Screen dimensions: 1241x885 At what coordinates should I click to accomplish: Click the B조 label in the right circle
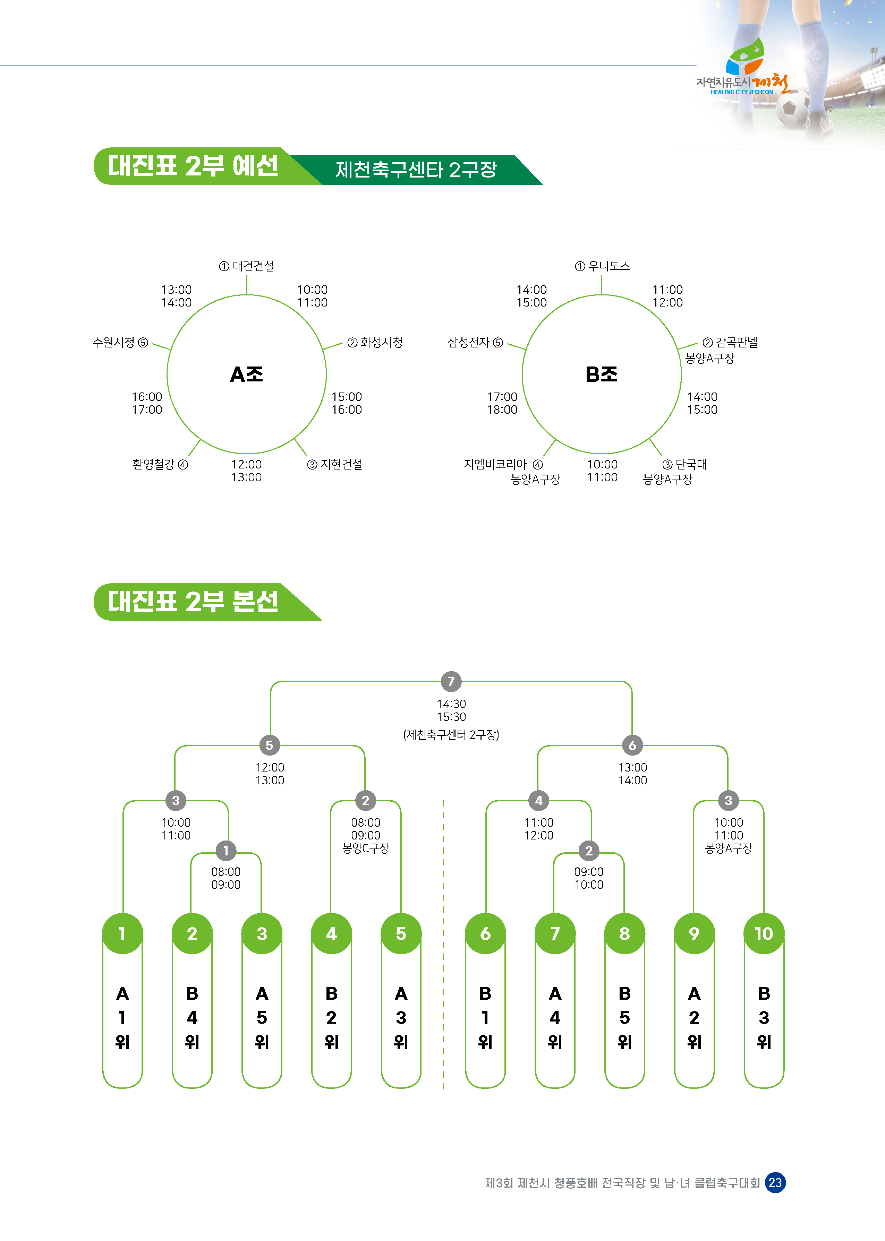601,374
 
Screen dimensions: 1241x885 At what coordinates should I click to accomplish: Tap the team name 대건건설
253,266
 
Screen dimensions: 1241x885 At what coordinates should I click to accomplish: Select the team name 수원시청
114,342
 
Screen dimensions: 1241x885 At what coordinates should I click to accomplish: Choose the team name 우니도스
609,266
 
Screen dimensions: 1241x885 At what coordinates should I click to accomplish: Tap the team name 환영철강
153,464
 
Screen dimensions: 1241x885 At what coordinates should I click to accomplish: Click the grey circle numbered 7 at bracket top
451,681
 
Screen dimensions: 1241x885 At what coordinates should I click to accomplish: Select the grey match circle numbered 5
269,745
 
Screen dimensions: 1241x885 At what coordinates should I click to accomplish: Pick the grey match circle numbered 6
632,745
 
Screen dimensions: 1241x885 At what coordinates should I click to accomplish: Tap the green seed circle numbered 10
764,933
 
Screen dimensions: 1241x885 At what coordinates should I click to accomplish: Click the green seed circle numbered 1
122,933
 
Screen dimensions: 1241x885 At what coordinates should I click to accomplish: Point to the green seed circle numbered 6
485,933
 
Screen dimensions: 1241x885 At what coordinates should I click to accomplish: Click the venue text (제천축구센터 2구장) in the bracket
451,735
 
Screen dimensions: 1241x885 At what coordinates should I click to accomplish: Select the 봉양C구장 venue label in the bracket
366,848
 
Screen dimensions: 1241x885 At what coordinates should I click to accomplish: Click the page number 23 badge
775,1183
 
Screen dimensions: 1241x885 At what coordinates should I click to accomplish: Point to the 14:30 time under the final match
451,704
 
